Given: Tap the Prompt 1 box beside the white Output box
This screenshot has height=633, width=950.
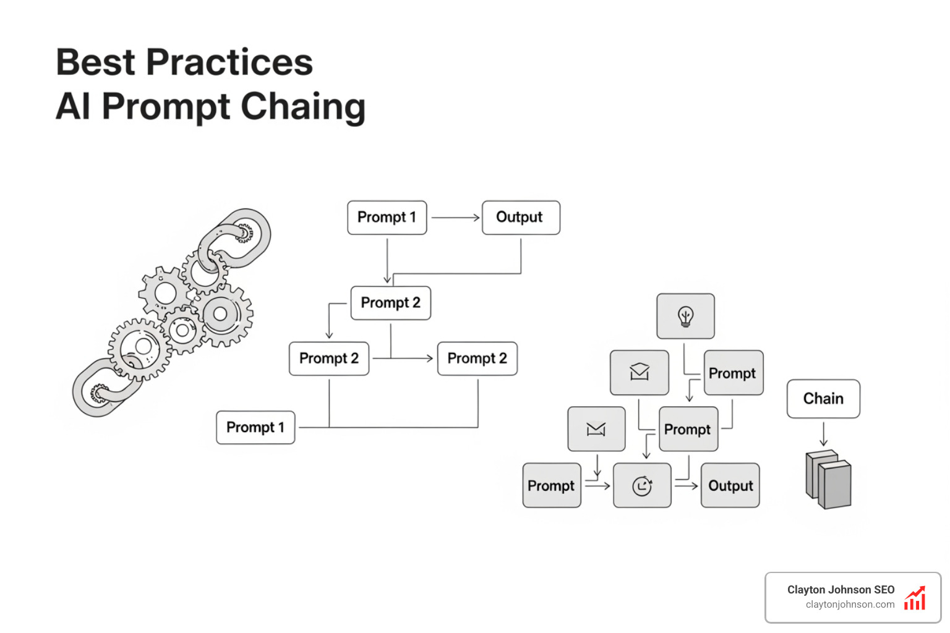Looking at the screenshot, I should pyautogui.click(x=387, y=218).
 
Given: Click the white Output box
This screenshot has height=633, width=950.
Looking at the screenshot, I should pyautogui.click(x=520, y=218).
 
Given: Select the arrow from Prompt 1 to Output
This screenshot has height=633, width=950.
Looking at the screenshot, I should pyautogui.click(x=455, y=218).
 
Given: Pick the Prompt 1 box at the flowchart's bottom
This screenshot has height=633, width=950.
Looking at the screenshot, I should pyautogui.click(x=255, y=427).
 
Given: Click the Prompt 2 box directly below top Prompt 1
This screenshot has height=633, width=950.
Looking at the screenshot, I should pyautogui.click(x=390, y=303).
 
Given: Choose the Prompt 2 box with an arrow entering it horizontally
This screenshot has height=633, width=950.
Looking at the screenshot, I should pyautogui.click(x=477, y=359).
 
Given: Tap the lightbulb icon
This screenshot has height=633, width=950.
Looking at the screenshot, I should pyautogui.click(x=685, y=316).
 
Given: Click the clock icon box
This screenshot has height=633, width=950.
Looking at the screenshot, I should pyautogui.click(x=642, y=486).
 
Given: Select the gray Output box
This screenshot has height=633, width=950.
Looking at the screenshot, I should pyautogui.click(x=730, y=486).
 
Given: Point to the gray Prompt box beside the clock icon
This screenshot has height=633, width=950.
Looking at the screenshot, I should pyautogui.click(x=551, y=486).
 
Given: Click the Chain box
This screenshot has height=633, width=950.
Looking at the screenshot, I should pyautogui.click(x=823, y=399).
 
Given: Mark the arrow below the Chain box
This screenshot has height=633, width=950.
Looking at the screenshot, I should pyautogui.click(x=823, y=433).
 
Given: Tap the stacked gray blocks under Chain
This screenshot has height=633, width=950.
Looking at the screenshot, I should pyautogui.click(x=829, y=479).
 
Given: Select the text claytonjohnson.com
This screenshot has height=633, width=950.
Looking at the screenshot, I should pyautogui.click(x=850, y=605).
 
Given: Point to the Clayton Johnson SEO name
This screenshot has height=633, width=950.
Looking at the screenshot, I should pyautogui.click(x=841, y=590).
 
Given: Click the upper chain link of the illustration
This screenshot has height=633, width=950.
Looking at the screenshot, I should pyautogui.click(x=235, y=238).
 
